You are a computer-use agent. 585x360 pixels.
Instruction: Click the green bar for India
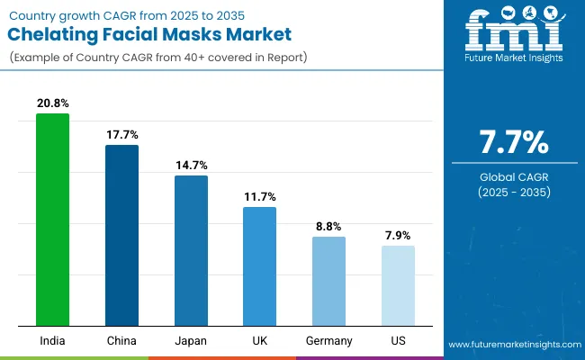click(52, 220)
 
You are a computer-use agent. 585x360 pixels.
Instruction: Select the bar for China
click(121, 235)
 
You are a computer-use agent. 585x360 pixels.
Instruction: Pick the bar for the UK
click(259, 266)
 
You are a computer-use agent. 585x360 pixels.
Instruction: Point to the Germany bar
click(328, 281)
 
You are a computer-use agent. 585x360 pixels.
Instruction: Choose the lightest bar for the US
click(398, 285)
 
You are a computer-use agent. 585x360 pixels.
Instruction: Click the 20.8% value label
click(52, 103)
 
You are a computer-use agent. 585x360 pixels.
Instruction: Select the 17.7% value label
click(121, 134)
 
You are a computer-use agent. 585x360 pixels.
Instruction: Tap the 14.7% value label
click(191, 165)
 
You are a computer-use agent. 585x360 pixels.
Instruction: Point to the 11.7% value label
click(259, 196)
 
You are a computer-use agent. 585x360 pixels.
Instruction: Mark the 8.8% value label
click(328, 226)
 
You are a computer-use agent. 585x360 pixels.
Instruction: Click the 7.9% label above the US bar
click(398, 235)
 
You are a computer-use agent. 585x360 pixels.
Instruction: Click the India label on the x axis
click(52, 341)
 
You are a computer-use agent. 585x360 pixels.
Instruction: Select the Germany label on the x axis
click(328, 341)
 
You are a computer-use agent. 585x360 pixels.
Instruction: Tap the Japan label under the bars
click(191, 341)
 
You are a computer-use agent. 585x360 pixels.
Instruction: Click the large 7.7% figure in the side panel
click(512, 141)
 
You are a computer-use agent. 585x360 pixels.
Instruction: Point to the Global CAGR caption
click(512, 175)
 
